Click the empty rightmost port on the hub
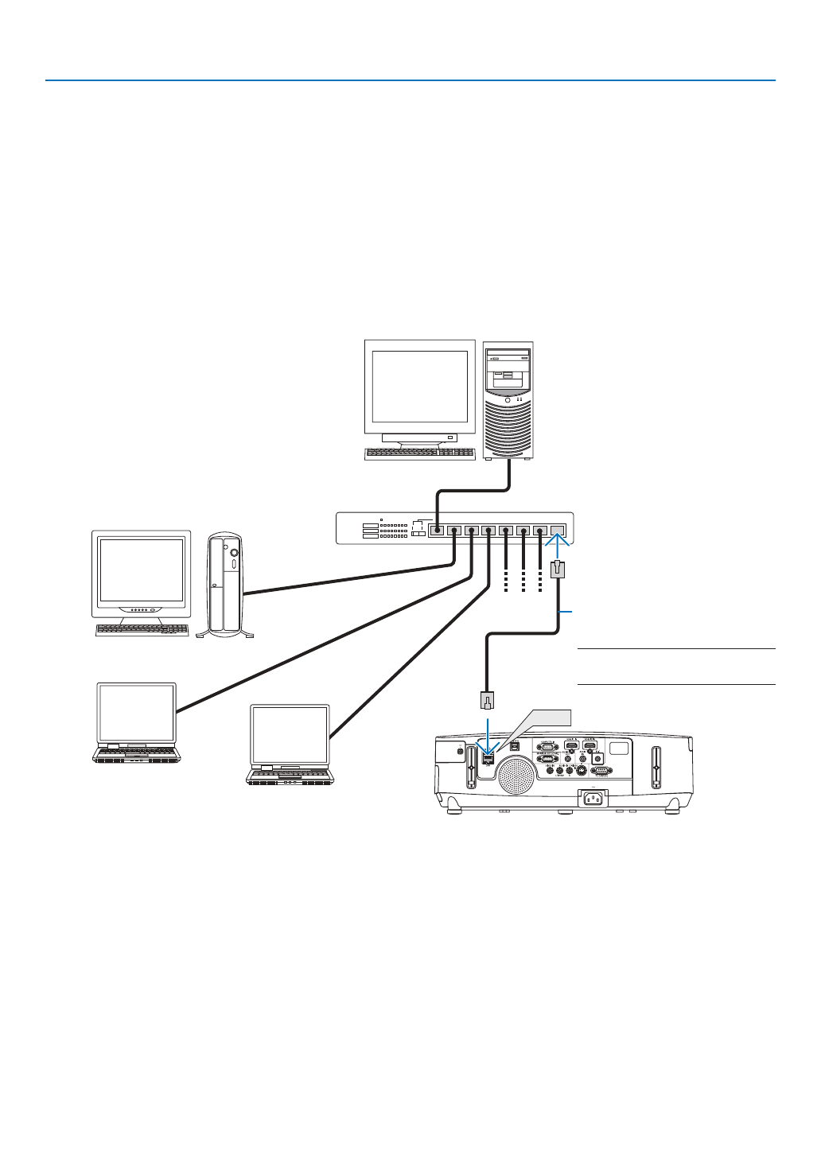point(558,529)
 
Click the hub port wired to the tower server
point(436,529)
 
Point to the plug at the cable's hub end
point(558,570)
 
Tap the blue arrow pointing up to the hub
point(558,548)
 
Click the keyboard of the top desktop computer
point(419,453)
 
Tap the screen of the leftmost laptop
point(136,711)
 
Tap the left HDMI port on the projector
point(570,746)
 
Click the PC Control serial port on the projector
point(602,771)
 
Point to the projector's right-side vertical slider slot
point(657,768)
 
